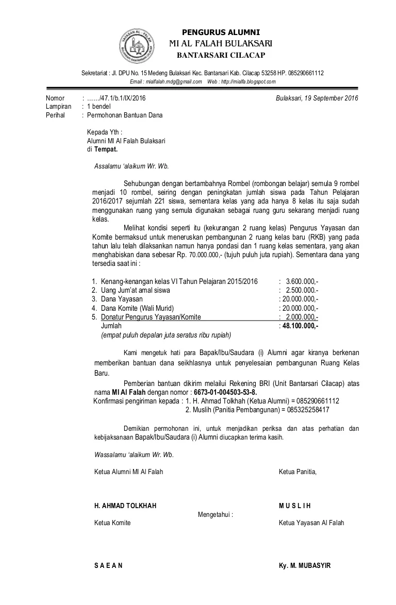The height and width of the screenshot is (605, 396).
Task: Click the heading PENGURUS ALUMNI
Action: pos(221,32)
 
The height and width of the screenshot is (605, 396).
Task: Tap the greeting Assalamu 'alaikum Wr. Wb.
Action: pos(131,166)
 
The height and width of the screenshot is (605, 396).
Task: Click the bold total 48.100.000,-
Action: pos(300,326)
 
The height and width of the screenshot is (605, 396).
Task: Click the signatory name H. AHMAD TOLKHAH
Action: pos(125,506)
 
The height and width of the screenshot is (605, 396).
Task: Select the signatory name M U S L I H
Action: pos(295,506)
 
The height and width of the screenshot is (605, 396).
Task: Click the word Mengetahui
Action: pos(215,514)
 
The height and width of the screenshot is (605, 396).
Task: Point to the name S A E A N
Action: pos(108,565)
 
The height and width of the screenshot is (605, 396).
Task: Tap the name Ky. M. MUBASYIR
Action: pos(304,565)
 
